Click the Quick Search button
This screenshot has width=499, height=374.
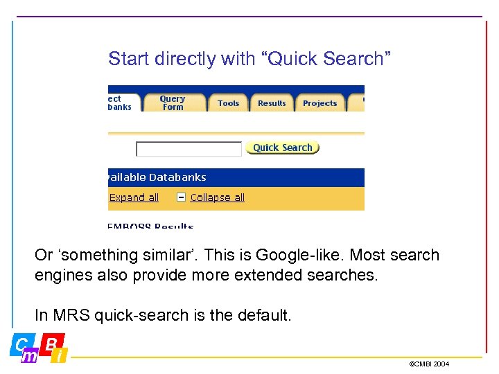click(x=282, y=148)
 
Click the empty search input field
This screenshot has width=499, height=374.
click(x=189, y=149)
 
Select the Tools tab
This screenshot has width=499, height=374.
click(x=228, y=103)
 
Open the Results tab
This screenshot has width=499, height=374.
click(x=272, y=103)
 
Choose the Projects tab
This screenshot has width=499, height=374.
click(x=319, y=103)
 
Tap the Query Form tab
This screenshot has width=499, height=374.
click(x=173, y=103)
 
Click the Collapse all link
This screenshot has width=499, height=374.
click(x=217, y=197)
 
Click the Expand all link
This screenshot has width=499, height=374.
click(x=134, y=197)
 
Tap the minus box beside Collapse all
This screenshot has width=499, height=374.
click(x=181, y=197)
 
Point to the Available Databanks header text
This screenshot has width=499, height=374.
click(x=157, y=177)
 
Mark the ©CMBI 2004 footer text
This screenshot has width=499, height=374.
click(x=429, y=364)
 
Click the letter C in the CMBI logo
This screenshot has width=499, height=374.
click(x=20, y=344)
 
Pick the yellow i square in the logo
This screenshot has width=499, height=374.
click(x=60, y=356)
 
